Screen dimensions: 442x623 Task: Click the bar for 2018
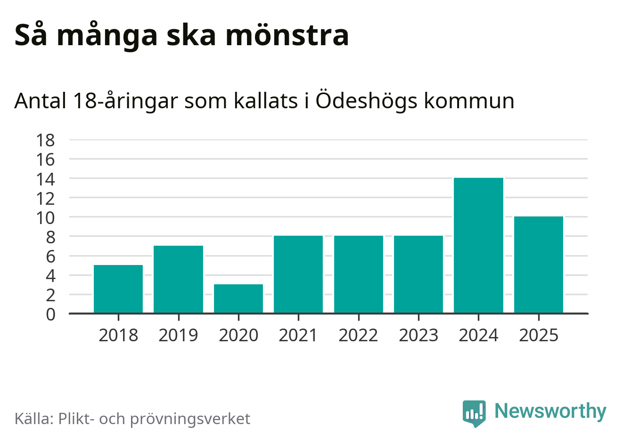[x=118, y=289]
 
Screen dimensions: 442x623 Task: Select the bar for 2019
[x=178, y=279]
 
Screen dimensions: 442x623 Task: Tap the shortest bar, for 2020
[x=238, y=298]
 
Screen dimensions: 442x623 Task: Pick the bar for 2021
[x=298, y=274]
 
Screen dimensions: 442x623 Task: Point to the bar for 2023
[x=418, y=274]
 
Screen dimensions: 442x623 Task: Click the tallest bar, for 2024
[x=478, y=245]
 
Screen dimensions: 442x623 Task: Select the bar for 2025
[x=539, y=265]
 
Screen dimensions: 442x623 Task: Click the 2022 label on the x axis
[x=358, y=335]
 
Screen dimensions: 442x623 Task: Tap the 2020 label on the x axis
[x=238, y=335]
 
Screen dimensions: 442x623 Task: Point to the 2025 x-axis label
[x=539, y=335]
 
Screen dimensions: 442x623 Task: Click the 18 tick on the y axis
[x=46, y=140]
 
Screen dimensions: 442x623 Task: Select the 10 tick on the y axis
[x=46, y=217]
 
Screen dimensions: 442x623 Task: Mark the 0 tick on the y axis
[x=50, y=314]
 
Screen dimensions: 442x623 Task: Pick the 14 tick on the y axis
[x=46, y=179]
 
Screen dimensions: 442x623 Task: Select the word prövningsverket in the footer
[x=190, y=419]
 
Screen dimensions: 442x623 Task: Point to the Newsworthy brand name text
[x=550, y=411]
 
